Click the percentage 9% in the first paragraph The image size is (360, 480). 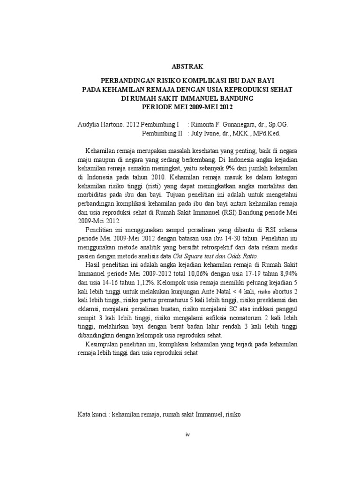point(238,168)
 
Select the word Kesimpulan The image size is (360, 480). point(105,345)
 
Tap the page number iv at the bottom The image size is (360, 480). point(187,434)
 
